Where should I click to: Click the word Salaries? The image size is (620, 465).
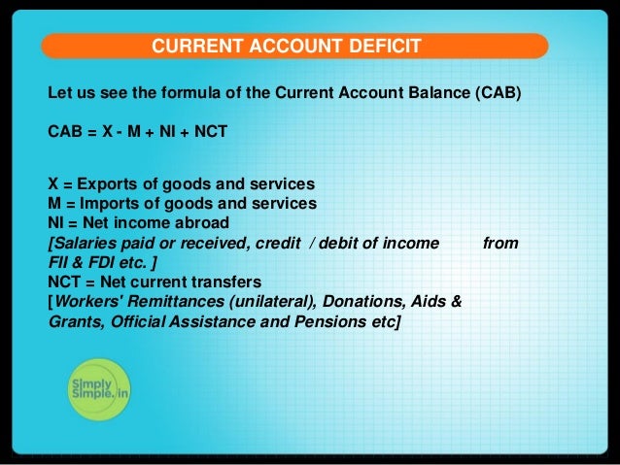85,243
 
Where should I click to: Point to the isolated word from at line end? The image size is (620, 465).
499,243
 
